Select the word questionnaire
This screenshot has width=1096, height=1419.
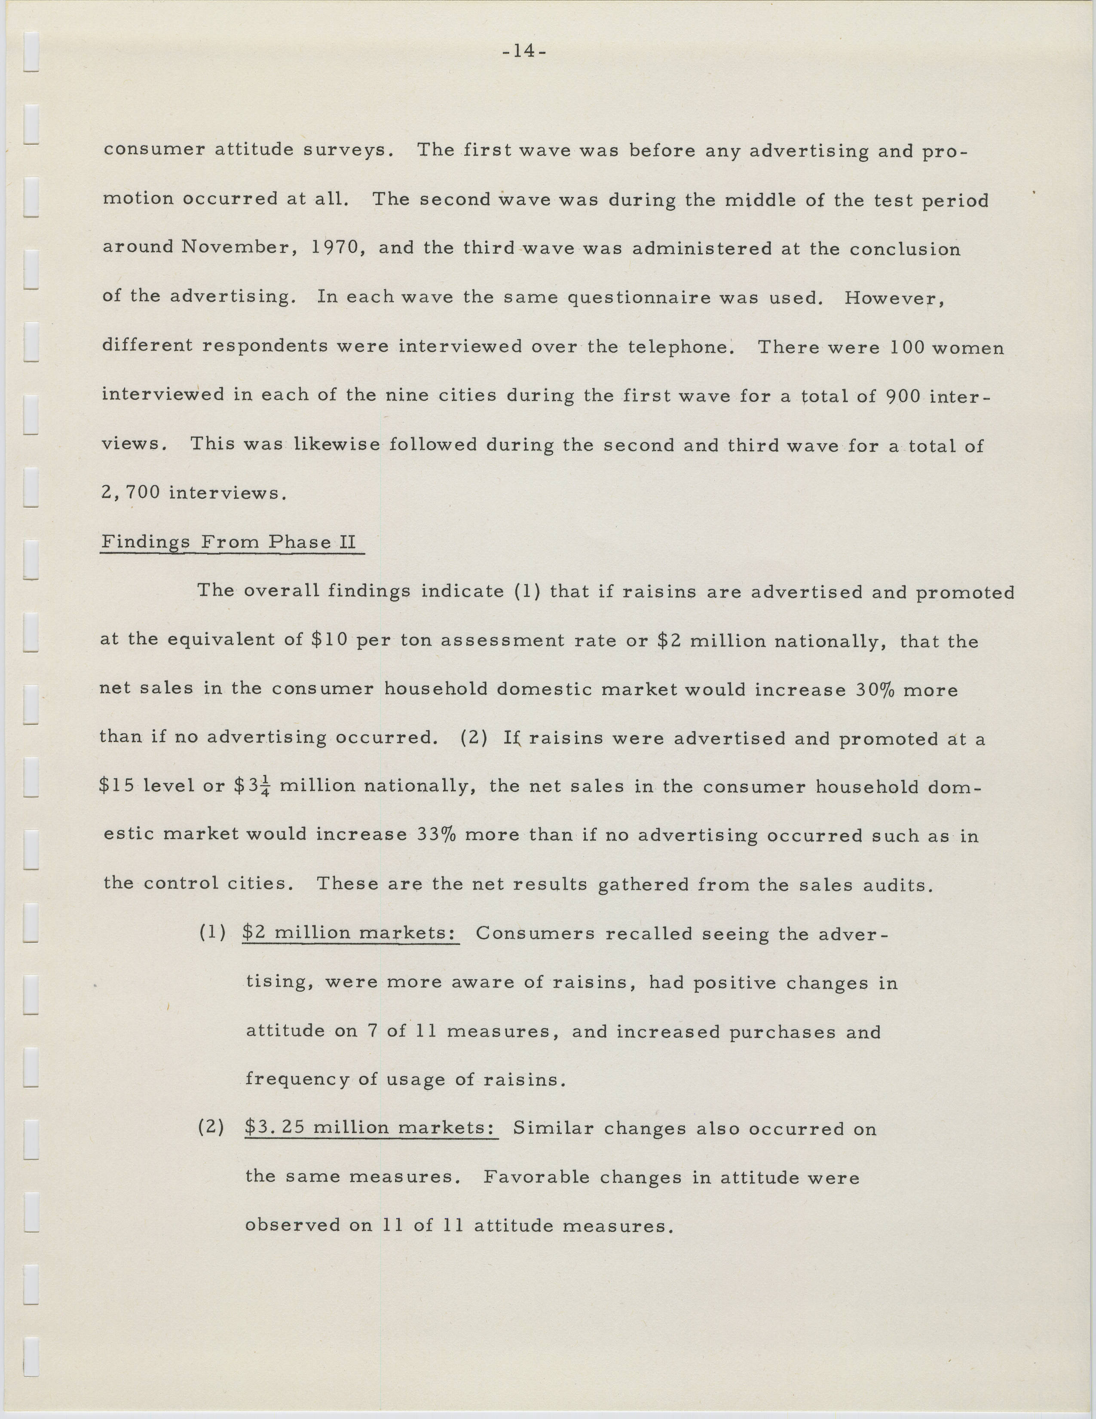pyautogui.click(x=637, y=298)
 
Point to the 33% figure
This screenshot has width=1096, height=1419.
pyautogui.click(x=435, y=835)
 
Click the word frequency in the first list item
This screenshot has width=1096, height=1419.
pyautogui.click(x=297, y=1079)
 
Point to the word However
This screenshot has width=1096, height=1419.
pyautogui.click(x=893, y=298)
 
